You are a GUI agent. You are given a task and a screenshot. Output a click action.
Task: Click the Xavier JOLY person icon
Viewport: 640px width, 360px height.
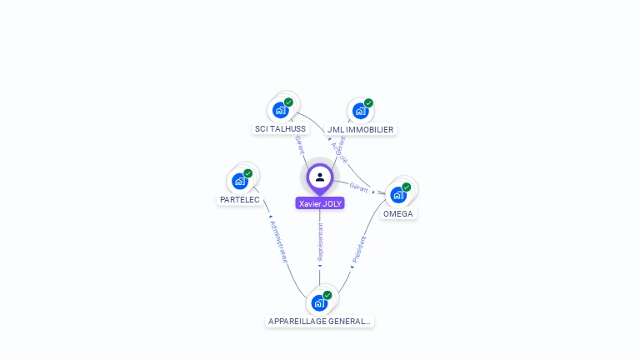coord(320,177)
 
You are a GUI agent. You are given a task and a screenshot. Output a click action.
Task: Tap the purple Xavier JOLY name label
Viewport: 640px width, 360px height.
coord(320,203)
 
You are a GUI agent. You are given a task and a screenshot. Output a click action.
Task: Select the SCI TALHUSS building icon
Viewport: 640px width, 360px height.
coord(281,109)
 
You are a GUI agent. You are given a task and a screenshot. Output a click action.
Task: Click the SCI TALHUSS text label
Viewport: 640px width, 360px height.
coord(281,129)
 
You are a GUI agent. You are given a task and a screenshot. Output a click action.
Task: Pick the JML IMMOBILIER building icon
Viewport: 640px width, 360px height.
coord(360,110)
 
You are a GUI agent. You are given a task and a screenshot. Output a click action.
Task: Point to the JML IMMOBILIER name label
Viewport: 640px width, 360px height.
coord(360,130)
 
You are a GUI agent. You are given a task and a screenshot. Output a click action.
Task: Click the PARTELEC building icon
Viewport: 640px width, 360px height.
coord(240,181)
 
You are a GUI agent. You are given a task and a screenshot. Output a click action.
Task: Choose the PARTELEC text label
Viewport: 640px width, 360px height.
coord(240,200)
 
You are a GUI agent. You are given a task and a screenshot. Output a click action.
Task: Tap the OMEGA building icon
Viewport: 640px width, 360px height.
coord(398,194)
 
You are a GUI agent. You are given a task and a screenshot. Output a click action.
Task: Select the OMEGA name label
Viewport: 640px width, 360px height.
coord(398,214)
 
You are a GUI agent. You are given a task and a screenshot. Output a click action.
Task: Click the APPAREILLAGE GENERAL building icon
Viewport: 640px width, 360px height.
coord(319,302)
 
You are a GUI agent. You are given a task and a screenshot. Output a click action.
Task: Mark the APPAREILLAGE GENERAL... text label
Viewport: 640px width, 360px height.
coord(320,322)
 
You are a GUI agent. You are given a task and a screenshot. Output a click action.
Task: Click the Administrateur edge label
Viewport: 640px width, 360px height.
coord(278,242)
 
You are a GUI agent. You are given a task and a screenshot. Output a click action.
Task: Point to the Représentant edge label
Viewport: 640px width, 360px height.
coord(320,242)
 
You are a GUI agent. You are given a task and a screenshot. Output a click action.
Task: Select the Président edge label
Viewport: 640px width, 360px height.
coord(360,249)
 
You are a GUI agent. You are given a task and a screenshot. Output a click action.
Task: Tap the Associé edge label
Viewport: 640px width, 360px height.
coord(339,153)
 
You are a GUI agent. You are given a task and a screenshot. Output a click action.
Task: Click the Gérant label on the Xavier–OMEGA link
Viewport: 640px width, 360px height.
coord(359,187)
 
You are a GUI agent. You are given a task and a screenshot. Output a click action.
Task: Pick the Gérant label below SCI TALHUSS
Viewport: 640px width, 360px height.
coord(299,144)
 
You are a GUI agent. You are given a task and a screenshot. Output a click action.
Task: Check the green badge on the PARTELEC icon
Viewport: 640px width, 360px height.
coord(247,173)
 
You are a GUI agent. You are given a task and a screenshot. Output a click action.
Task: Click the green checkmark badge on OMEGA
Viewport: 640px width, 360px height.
coord(406,187)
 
